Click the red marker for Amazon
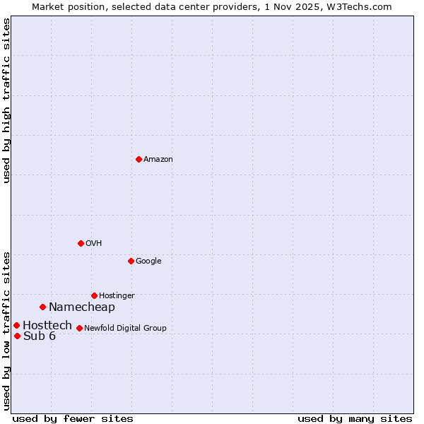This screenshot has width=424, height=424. (x=139, y=159)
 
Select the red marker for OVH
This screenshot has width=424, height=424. (x=81, y=243)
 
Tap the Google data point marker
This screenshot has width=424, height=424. (x=131, y=261)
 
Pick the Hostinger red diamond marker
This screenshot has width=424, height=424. (x=94, y=295)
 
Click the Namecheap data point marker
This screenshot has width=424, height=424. (x=42, y=307)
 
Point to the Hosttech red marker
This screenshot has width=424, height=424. (x=16, y=325)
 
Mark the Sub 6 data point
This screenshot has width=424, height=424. (x=17, y=336)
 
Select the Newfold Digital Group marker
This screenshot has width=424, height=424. (x=79, y=328)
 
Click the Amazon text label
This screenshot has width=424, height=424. (x=158, y=160)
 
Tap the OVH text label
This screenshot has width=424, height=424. (x=94, y=244)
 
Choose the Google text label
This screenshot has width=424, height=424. (x=148, y=261)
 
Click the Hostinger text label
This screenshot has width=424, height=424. (x=117, y=295)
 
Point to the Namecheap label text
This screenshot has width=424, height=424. (x=81, y=307)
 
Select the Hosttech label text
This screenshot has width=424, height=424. (x=47, y=326)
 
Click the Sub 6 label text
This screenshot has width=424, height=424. (x=40, y=336)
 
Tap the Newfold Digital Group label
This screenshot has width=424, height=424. (x=125, y=328)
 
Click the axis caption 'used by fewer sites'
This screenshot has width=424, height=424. (x=73, y=418)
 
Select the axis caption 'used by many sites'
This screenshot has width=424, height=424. (x=355, y=418)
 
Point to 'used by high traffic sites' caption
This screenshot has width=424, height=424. (x=6, y=100)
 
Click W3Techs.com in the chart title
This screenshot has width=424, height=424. (x=359, y=6)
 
